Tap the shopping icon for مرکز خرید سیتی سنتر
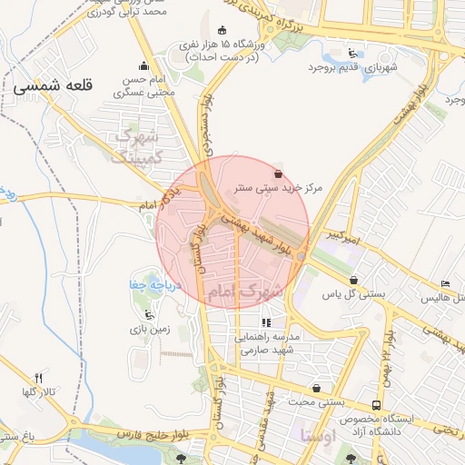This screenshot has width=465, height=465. tap(278, 173)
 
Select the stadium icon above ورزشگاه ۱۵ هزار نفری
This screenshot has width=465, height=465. tap(223, 29)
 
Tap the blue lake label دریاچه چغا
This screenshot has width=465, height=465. tap(144, 285)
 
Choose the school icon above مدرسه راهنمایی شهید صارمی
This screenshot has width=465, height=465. tap(266, 322)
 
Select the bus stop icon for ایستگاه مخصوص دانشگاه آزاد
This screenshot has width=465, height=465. tap(376, 405)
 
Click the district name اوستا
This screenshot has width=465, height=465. tap(317, 436)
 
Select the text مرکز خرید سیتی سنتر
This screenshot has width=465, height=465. tap(279, 188)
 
